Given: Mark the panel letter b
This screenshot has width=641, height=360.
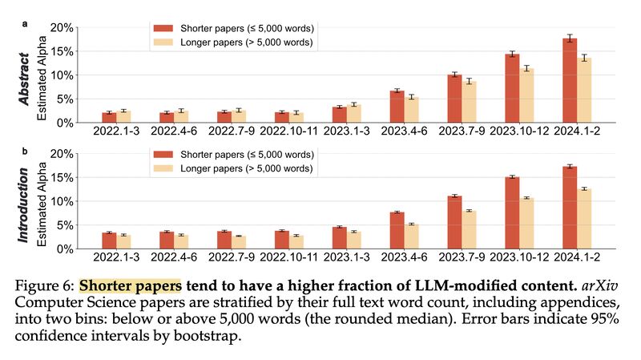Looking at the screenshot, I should tap(25, 150).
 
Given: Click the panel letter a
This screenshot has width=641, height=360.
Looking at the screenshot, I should tap(25, 24).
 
